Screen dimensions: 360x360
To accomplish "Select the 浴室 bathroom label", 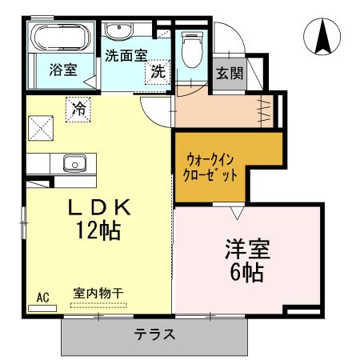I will coord(62,70).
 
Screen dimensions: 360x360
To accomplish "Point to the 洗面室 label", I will coord(126,56).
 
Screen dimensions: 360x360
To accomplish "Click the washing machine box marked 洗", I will coord(158,71).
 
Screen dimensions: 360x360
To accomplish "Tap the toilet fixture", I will coord(192,50).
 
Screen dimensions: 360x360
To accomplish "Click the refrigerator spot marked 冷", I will coord(78,106).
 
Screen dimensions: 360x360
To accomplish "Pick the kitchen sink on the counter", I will coord(75,164).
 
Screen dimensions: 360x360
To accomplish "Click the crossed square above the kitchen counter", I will coord(41,127).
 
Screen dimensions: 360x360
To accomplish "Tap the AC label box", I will coord(42,298).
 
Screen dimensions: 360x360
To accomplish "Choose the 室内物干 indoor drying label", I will coord(98,293).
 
